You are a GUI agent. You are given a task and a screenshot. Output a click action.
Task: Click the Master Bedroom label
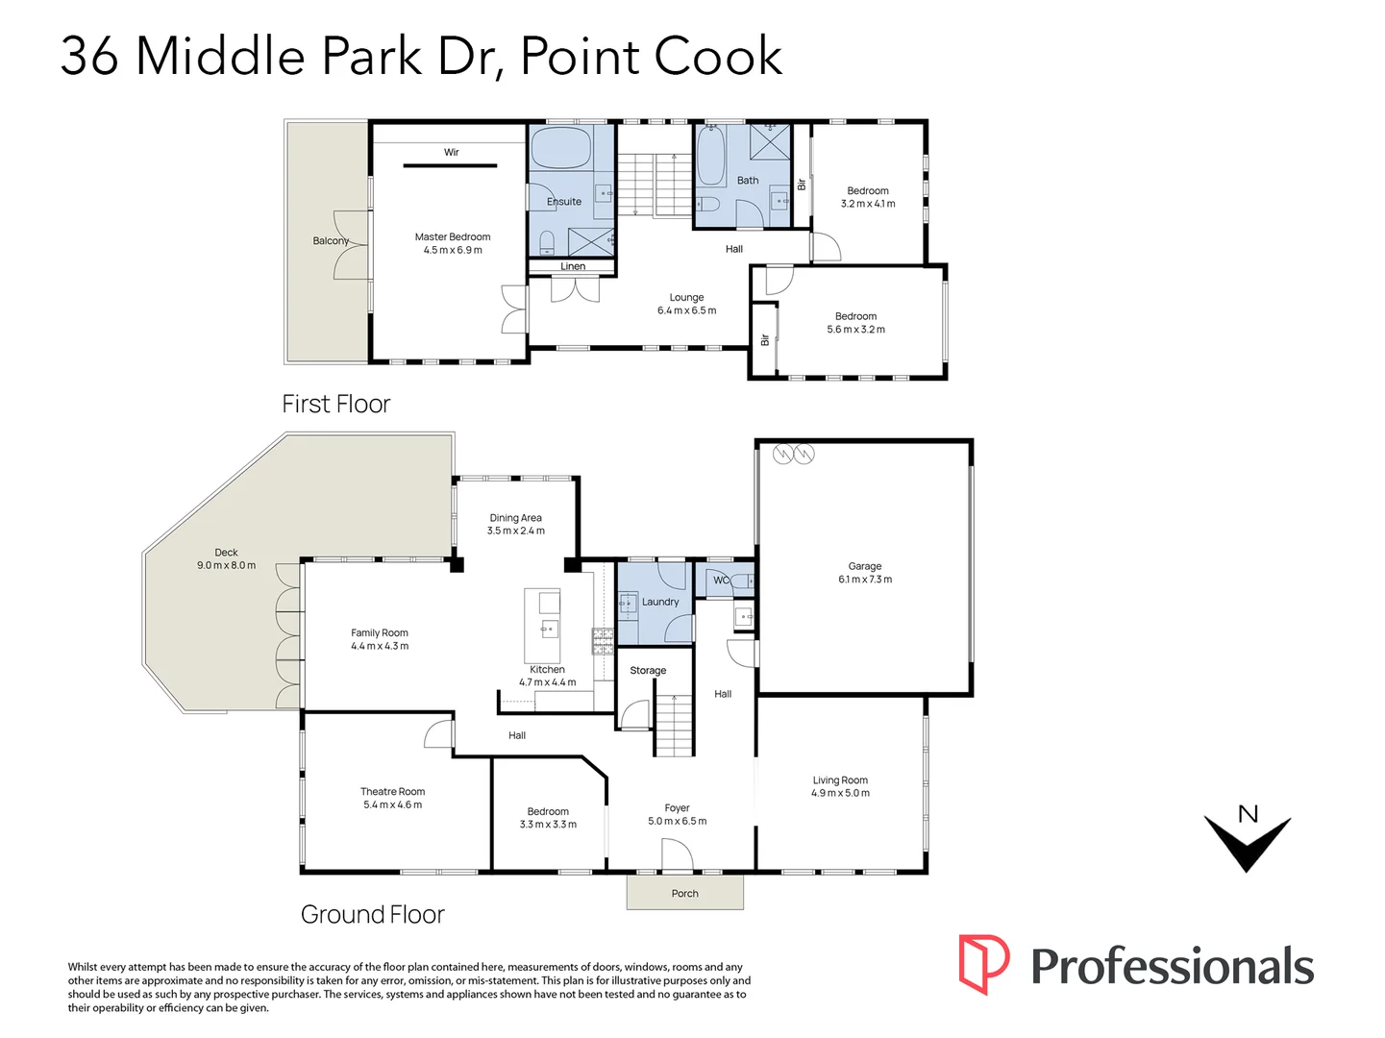pyautogui.click(x=453, y=236)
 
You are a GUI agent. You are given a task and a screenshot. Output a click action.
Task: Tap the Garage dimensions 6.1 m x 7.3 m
pyautogui.click(x=865, y=580)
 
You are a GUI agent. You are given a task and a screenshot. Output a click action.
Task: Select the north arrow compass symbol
pyautogui.click(x=1247, y=839)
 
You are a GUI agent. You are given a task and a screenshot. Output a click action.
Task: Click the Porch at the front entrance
pyautogui.click(x=684, y=893)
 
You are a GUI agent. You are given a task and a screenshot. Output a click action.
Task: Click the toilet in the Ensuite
pyautogui.click(x=547, y=240)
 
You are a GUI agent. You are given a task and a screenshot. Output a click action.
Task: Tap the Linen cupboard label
pyautogui.click(x=573, y=266)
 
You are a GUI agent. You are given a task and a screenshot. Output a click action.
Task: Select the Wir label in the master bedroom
pyautogui.click(x=451, y=152)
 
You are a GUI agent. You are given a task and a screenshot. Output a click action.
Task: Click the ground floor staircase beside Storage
pyautogui.click(x=675, y=726)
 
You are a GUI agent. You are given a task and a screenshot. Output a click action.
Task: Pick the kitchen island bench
pyautogui.click(x=542, y=626)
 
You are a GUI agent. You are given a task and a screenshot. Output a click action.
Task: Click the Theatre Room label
pyautogui.click(x=392, y=791)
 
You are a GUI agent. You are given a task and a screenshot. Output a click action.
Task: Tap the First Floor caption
pyautogui.click(x=336, y=404)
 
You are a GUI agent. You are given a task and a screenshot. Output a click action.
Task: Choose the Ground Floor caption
pyautogui.click(x=373, y=914)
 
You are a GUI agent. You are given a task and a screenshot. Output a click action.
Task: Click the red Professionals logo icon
pyautogui.click(x=983, y=964)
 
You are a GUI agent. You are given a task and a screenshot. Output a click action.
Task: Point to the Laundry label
pyautogui.click(x=660, y=602)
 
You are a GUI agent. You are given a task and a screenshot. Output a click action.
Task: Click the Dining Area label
pyautogui.click(x=515, y=517)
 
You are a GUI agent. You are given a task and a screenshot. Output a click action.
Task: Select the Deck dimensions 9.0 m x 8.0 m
pyautogui.click(x=227, y=565)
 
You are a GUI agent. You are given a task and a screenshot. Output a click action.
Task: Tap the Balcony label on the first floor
pyautogui.click(x=331, y=240)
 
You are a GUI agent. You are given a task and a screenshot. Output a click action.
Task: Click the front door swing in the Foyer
pyautogui.click(x=677, y=854)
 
